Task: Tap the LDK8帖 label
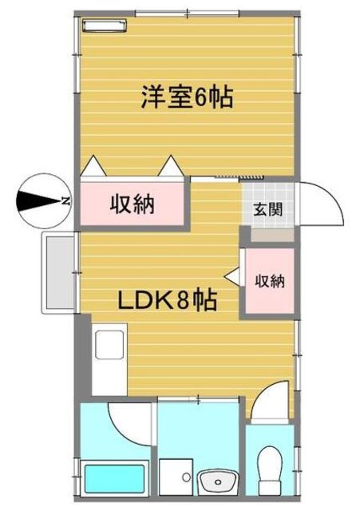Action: [x=169, y=302]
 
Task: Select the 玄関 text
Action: [x=266, y=212]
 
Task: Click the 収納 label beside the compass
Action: [x=133, y=203]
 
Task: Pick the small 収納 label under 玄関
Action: [x=270, y=281]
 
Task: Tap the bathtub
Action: [x=116, y=477]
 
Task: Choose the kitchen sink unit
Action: [x=109, y=347]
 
